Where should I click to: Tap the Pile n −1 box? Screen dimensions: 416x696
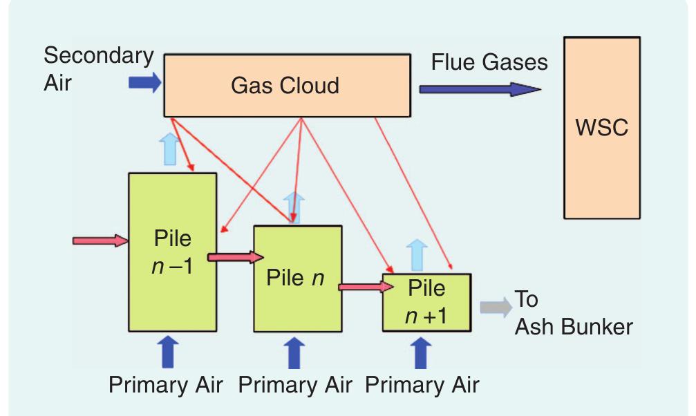point(172,252)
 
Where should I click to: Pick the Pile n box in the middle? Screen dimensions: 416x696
point(297,280)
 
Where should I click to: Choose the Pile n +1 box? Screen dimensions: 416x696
point(426,302)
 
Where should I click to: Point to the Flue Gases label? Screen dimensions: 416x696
point(489,62)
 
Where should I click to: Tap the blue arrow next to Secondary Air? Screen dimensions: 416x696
point(144,84)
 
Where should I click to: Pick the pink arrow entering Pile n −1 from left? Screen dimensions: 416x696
point(101,240)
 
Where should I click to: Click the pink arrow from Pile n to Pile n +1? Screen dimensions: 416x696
point(361,285)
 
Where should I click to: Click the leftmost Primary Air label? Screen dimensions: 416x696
point(166,384)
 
